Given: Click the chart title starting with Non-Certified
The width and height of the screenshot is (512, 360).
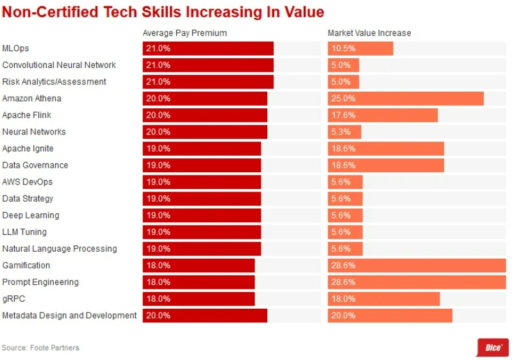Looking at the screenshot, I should point(163,12).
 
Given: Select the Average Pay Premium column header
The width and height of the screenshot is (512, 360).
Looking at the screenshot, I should point(185,33).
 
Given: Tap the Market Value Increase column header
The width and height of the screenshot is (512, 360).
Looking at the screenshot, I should point(369,33).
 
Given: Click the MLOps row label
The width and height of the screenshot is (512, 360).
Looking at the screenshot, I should point(15,49).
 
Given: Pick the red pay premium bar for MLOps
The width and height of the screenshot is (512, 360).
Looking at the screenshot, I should point(208,49).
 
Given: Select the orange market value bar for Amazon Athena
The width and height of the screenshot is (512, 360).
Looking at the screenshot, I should point(406,99).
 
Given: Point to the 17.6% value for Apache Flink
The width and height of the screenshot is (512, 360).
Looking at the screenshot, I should point(343,115).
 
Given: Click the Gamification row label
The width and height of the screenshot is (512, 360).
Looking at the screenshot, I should point(26,265).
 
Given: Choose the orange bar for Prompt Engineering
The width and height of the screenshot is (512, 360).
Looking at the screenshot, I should point(417,282).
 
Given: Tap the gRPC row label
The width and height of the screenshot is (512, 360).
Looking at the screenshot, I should point(13,299).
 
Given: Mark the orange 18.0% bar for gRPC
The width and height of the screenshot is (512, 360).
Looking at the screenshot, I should point(384,299).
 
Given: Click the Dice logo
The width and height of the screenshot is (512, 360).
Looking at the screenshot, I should point(493,347).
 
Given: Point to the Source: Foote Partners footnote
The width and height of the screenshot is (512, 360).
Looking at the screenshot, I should point(40,348).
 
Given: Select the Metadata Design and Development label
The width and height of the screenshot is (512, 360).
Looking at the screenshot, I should point(69,315).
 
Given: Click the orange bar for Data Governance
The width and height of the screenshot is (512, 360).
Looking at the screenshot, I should point(386,165).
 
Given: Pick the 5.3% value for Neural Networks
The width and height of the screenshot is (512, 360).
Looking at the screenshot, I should point(340,132).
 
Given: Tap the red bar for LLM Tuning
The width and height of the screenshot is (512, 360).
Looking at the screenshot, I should point(201,232).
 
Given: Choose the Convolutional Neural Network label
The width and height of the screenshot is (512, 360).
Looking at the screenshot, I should point(59,65).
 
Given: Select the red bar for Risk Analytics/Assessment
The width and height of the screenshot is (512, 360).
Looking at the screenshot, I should point(208,82).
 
